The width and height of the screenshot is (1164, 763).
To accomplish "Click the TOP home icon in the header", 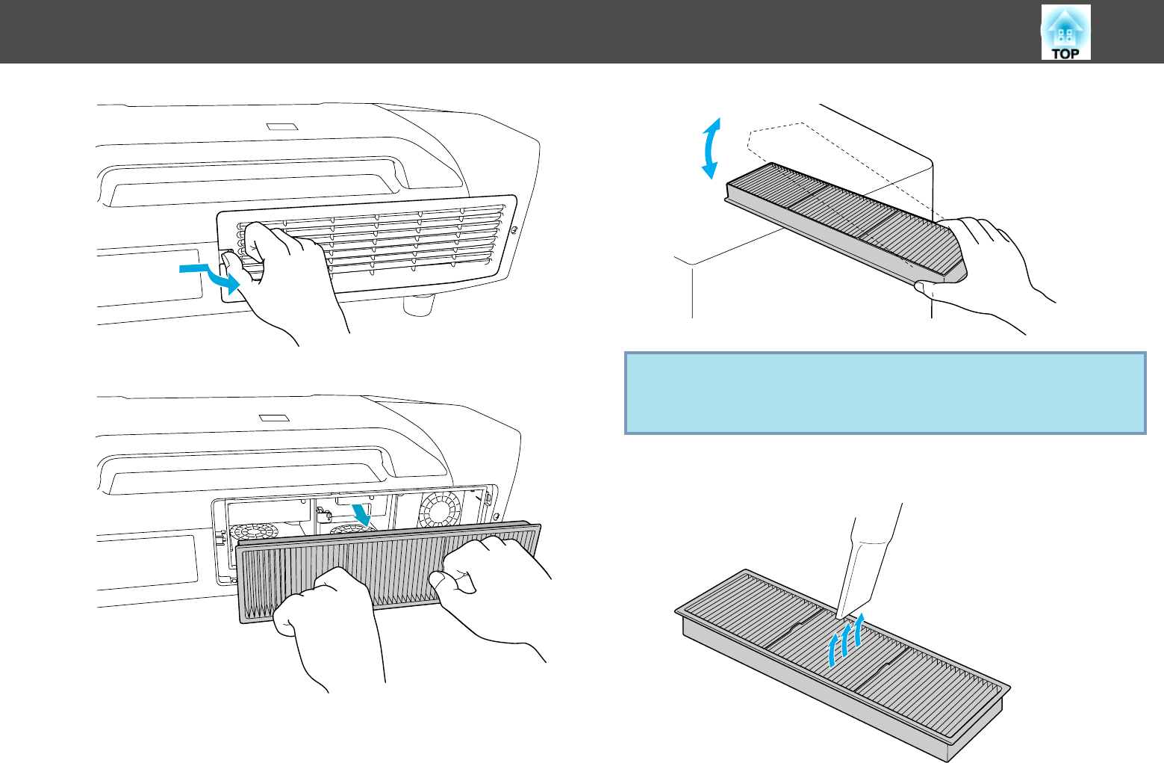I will [1065, 33].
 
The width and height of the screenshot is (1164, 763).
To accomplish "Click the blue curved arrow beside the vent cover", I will [213, 275].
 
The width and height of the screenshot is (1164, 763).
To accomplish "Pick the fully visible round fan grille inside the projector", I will [441, 510].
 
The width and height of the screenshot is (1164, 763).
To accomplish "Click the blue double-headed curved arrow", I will [712, 148].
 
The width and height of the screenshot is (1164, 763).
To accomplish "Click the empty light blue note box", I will [885, 393].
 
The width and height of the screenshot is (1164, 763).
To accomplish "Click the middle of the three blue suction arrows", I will [846, 639].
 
